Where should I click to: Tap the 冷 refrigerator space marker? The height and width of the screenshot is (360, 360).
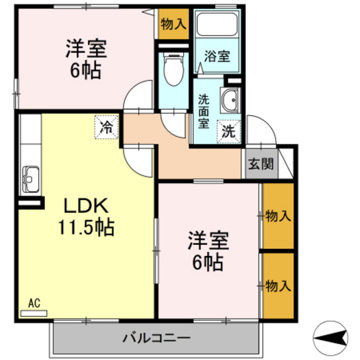pos(107,126)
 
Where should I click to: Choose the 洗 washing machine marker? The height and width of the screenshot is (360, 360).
pos(229,131)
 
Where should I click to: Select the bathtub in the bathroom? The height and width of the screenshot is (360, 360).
pos(216,25)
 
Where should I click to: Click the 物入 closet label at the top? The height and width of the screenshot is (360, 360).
pos(174,25)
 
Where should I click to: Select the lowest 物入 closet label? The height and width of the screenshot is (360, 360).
pos(278,285)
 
